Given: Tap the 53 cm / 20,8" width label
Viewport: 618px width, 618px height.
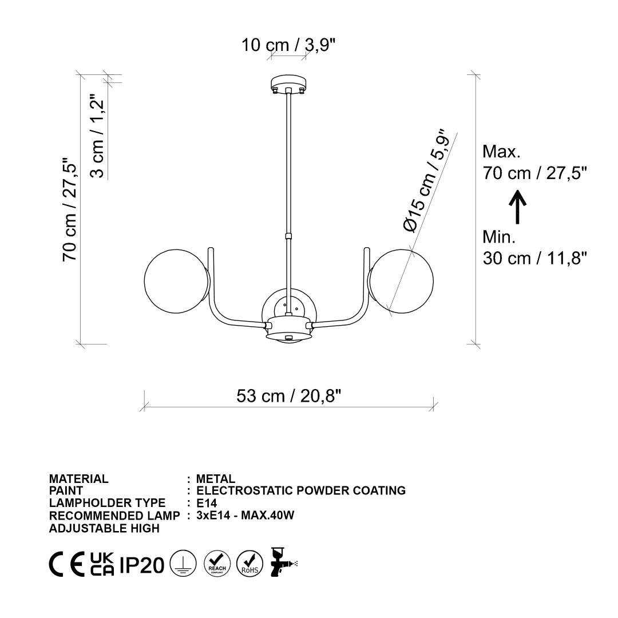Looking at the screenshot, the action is click(x=288, y=396).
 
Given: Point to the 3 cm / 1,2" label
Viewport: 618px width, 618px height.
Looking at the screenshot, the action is click(x=97, y=136).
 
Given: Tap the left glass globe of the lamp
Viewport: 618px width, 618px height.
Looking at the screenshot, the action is click(x=176, y=281).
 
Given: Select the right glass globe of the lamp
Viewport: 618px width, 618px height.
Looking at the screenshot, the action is click(x=401, y=281).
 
